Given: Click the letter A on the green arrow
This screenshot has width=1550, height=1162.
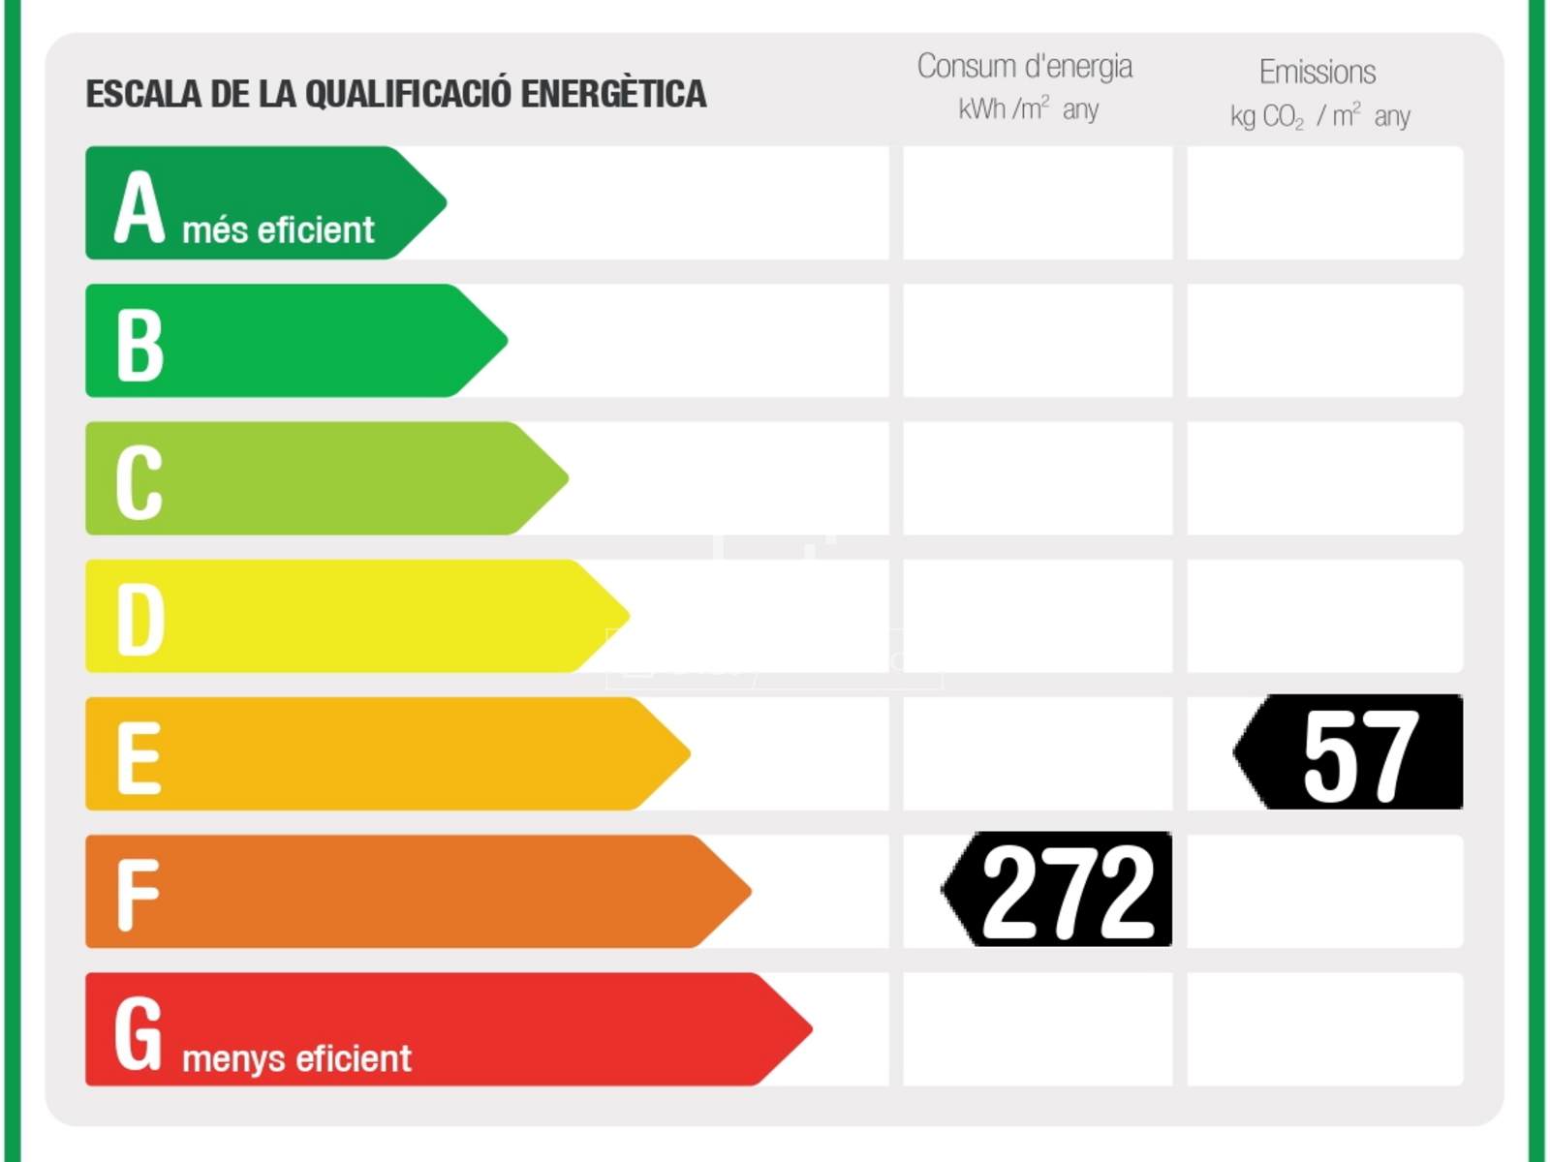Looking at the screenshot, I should coord(139,206).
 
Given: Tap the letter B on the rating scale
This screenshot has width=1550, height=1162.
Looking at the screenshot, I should coord(139,345).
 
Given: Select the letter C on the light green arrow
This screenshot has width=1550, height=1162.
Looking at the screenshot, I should coord(139,481).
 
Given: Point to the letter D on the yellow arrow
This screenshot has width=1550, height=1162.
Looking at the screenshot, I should coord(139,620).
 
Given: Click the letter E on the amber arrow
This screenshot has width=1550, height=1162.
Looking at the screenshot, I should coord(138,758).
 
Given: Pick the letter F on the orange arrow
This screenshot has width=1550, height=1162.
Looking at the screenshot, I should coord(137,895).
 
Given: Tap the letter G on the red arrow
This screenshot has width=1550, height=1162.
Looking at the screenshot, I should coord(139,1033).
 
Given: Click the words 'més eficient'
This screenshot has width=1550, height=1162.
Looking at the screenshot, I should coord(278,230).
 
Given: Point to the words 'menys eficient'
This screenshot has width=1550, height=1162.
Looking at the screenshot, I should coord(296,1058).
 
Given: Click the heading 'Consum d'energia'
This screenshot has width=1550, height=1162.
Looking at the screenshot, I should coord(1025,66).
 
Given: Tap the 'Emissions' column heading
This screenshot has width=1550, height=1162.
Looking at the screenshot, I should coord(1317,72).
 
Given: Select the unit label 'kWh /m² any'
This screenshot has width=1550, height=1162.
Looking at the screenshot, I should coord(1028,108).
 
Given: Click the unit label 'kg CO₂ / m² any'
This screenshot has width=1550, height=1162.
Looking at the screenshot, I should coord(1319,116).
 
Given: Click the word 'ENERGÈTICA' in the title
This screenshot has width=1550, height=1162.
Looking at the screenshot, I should coord(614,94).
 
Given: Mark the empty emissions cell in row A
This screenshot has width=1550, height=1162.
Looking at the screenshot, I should coord(1324,203).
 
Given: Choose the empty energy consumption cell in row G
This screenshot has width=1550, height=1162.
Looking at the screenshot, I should coord(1038,1029).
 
